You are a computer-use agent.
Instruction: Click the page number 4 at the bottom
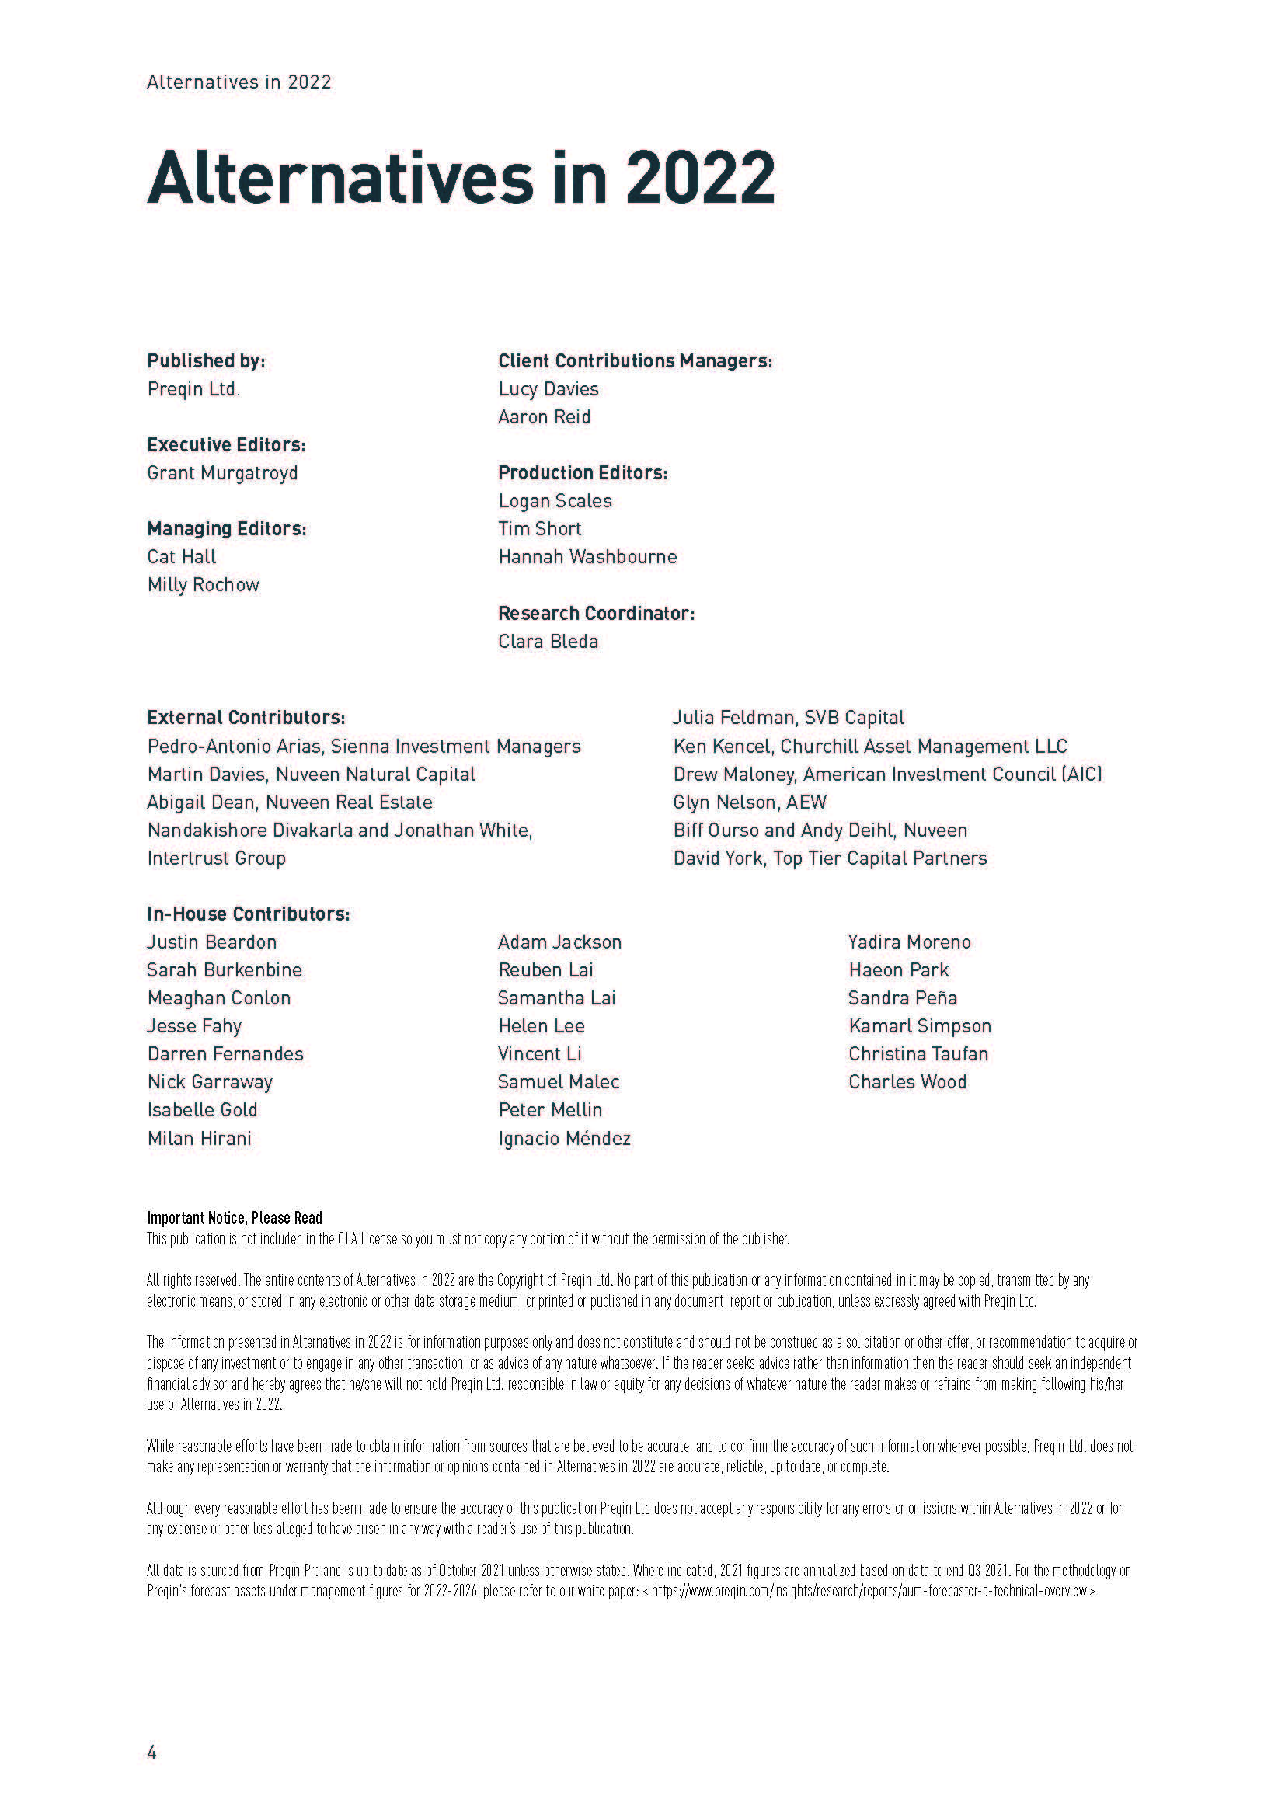(x=152, y=1752)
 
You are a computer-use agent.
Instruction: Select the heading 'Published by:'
(x=206, y=361)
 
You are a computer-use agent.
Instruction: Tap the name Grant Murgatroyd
(x=222, y=473)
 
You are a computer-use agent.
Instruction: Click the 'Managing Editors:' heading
(x=226, y=529)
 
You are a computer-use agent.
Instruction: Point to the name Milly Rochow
(x=204, y=585)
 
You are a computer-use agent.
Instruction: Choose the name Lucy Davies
(x=548, y=389)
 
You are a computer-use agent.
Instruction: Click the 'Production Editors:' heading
(x=583, y=473)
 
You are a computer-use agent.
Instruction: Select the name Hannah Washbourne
(x=587, y=557)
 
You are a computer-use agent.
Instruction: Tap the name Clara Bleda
(x=548, y=641)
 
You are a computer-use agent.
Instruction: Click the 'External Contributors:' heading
(x=246, y=718)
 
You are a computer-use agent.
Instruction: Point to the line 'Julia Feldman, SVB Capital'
(x=788, y=718)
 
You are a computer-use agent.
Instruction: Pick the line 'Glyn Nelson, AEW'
(x=749, y=802)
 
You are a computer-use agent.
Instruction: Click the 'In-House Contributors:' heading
(x=249, y=914)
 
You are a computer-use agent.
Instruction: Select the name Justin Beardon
(x=212, y=942)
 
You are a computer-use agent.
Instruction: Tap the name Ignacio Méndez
(x=564, y=1139)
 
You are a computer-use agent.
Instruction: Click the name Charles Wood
(x=907, y=1082)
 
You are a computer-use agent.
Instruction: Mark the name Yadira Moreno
(x=909, y=942)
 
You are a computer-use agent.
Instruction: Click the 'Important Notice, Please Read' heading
(x=234, y=1218)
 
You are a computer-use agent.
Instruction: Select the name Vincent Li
(x=540, y=1054)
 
